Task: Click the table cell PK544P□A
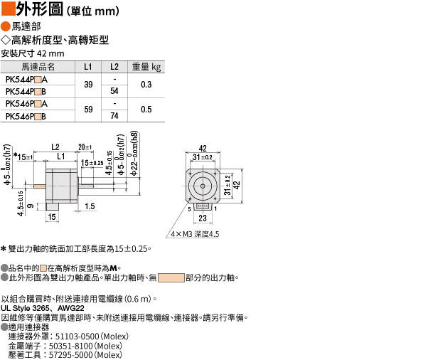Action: click(x=26, y=80)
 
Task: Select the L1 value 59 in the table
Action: click(x=88, y=110)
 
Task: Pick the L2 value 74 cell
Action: click(x=114, y=116)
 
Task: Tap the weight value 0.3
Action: click(x=146, y=85)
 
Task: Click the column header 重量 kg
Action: click(x=146, y=67)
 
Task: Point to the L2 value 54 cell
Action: click(x=114, y=91)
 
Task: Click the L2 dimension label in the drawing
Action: click(x=55, y=147)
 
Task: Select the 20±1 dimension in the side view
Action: click(x=85, y=147)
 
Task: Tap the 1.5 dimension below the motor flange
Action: click(x=90, y=206)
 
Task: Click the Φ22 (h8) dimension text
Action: click(x=134, y=154)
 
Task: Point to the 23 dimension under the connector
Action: click(x=203, y=218)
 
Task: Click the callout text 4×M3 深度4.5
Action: click(x=195, y=234)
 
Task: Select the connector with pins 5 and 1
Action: click(x=203, y=206)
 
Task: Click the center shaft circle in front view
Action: click(x=203, y=186)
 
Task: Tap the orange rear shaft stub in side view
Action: click(x=40, y=186)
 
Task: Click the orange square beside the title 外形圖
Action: click(x=8, y=9)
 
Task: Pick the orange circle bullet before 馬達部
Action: click(x=6, y=27)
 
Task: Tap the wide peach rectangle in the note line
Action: click(x=171, y=278)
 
